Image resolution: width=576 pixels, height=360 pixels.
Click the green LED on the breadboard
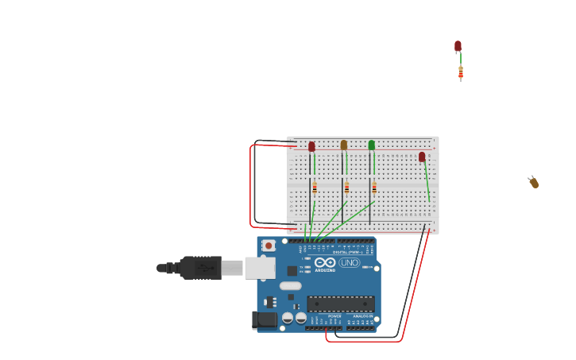point(371,145)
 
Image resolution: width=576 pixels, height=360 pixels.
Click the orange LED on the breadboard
point(343,145)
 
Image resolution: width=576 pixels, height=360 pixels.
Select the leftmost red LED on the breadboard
point(311,147)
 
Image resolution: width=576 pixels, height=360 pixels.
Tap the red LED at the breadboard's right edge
point(422,157)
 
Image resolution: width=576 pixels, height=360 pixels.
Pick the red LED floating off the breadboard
point(458,46)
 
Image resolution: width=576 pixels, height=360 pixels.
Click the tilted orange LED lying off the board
point(534,183)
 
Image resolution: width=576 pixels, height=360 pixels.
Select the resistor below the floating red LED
point(461,73)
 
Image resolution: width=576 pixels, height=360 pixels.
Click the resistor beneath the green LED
point(374,188)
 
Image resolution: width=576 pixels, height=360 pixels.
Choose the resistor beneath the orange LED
point(346,188)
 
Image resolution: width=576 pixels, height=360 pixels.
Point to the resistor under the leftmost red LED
point(315,188)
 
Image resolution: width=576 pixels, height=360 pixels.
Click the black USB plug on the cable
point(200,268)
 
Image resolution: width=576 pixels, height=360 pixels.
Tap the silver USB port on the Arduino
point(259,268)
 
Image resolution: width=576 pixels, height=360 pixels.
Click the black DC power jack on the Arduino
point(265,319)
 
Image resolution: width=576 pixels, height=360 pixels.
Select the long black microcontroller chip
point(340,304)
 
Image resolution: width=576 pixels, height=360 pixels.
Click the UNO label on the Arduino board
point(350,263)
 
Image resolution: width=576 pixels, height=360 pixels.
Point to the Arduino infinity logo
point(325,262)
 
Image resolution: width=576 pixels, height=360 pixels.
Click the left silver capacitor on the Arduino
point(288,318)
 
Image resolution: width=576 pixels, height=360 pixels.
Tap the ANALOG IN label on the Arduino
point(363,315)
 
